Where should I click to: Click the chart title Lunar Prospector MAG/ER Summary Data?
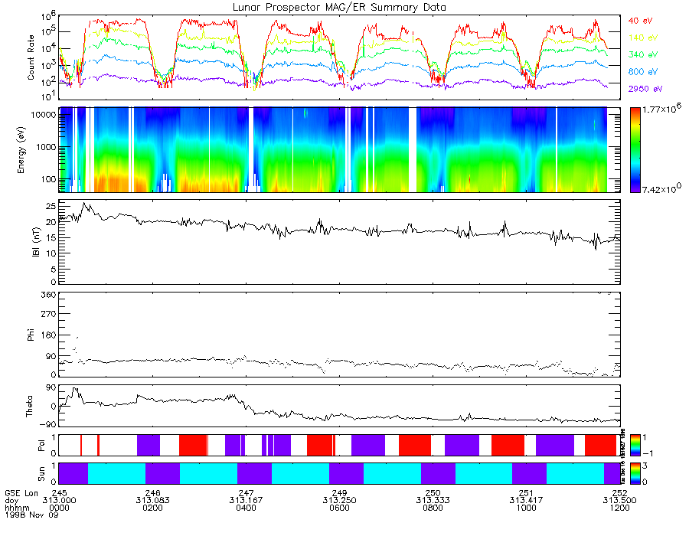(340, 7)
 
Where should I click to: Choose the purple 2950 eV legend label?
(642, 89)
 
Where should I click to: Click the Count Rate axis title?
(31, 57)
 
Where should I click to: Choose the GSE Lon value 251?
(526, 492)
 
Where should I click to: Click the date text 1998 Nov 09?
(29, 515)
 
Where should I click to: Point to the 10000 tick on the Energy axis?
(44, 114)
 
